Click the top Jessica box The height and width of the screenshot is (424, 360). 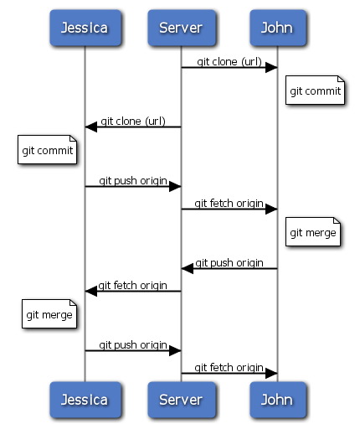tap(84, 28)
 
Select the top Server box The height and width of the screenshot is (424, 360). tap(181, 28)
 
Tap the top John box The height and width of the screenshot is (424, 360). tap(277, 28)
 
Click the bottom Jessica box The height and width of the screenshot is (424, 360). tap(84, 399)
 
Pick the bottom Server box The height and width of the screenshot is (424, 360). tap(181, 399)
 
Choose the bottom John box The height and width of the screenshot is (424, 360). tap(277, 399)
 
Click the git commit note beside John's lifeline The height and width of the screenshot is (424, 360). tap(314, 90)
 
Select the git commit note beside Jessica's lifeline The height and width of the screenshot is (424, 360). tap(48, 151)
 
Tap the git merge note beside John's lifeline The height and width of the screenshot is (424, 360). tap(313, 232)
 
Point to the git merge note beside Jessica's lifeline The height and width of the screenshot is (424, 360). tap(48, 315)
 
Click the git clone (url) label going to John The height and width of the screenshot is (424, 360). tap(229, 61)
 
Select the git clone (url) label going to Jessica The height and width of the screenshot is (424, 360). tap(132, 121)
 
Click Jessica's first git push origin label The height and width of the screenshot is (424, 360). tap(132, 180)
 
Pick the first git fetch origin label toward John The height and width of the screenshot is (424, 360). tap(229, 203)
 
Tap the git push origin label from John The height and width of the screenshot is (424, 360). tap(229, 262)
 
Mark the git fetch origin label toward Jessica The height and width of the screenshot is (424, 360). tap(132, 285)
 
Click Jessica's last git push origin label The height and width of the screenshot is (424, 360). tap(132, 344)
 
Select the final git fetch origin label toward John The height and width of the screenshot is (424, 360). tap(229, 367)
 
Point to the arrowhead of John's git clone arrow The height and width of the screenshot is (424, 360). tap(271, 67)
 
